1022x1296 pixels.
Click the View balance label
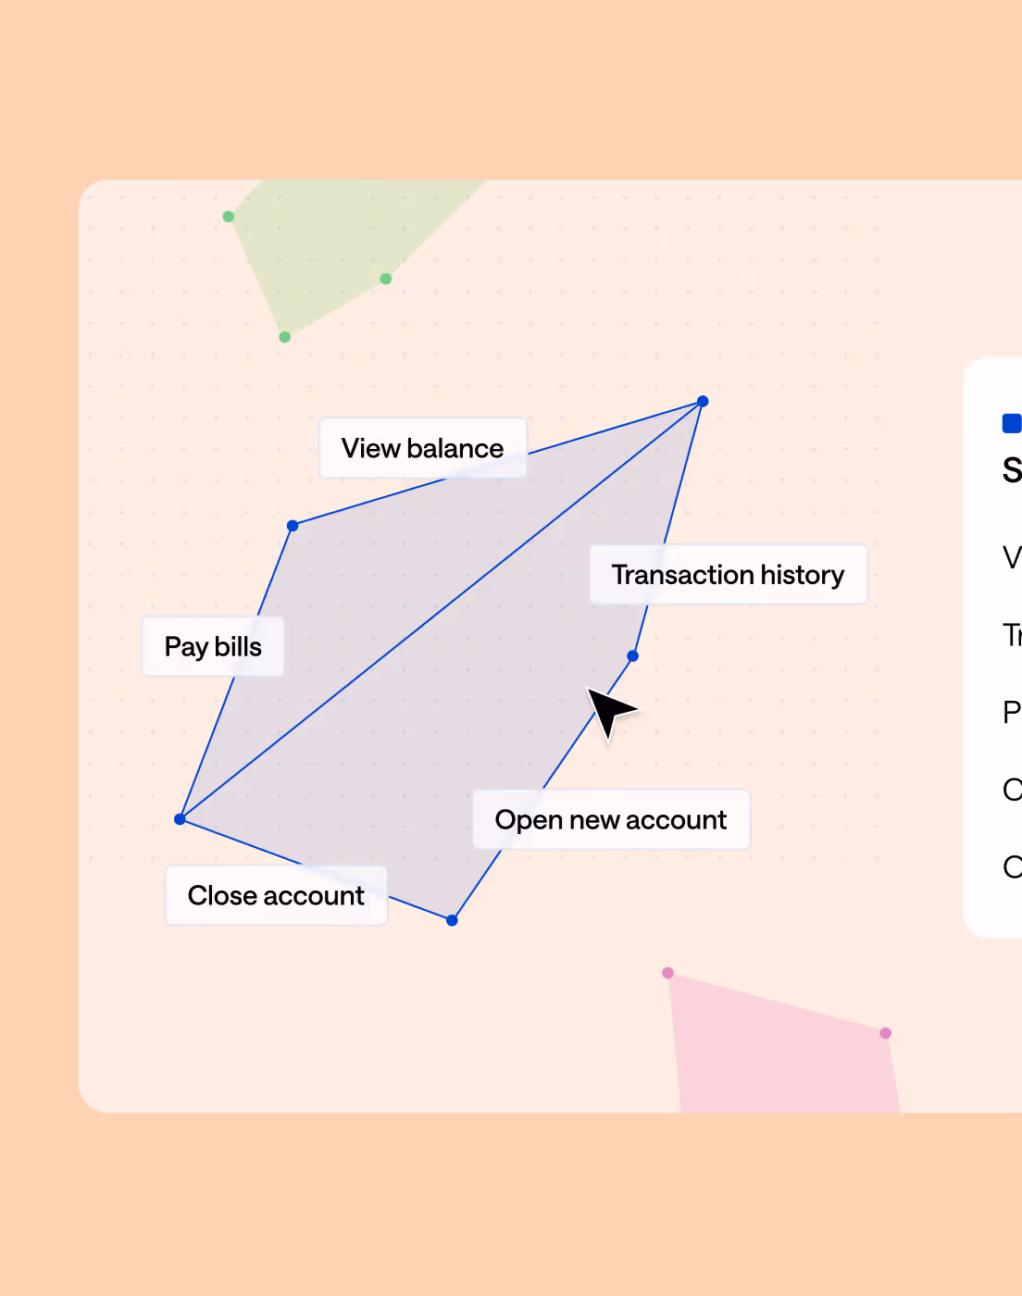(423, 448)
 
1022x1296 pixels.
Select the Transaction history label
(728, 575)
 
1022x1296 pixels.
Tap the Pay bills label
(213, 646)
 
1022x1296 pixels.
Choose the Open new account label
(611, 819)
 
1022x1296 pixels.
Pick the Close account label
(276, 895)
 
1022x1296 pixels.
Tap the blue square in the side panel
(1011, 424)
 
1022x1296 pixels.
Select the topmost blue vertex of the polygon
(703, 401)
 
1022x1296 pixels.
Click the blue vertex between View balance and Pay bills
(293, 526)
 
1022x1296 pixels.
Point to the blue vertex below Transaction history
(633, 655)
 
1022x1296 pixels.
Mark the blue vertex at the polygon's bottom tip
(452, 920)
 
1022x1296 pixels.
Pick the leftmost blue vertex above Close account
(181, 819)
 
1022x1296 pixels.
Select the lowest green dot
(285, 337)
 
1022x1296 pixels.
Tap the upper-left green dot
(229, 217)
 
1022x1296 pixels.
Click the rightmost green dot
(386, 279)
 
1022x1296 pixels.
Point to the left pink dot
(668, 973)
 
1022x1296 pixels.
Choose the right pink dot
(886, 1033)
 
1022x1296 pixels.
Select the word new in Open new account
(594, 820)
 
